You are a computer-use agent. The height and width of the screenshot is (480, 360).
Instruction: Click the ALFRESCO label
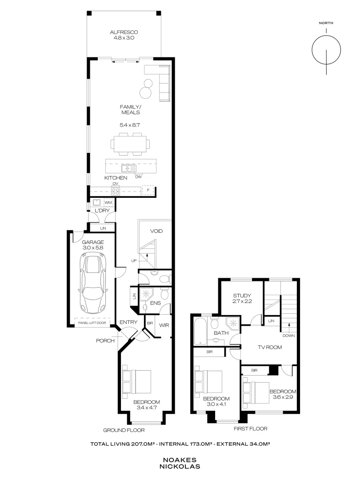coord(124,32)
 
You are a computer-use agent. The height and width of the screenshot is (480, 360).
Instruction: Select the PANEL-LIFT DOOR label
coord(92,323)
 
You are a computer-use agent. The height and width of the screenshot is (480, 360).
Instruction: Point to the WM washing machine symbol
coord(108,203)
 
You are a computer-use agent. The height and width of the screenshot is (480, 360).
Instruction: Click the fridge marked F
coord(148,190)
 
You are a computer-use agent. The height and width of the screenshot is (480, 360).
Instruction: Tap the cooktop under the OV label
coord(116,191)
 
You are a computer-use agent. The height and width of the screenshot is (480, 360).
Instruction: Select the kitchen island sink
coord(128,168)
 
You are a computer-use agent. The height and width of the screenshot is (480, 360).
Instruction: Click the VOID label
coord(156,231)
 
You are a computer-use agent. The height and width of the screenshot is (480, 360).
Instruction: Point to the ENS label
coord(156,303)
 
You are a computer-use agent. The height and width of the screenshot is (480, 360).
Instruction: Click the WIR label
coord(164,325)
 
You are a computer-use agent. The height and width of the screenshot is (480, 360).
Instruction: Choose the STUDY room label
coord(242,296)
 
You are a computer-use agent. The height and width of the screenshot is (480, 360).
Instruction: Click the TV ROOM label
coord(270,347)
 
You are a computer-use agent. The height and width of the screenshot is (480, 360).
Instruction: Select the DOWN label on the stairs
coord(289,336)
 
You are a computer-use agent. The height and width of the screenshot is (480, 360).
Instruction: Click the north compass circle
coord(326,50)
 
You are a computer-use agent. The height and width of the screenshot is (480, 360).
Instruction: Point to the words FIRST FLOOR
coord(250,428)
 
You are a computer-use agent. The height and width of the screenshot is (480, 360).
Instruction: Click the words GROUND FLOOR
coord(124,430)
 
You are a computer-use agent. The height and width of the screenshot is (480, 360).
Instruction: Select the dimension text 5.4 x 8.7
coord(130,125)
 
